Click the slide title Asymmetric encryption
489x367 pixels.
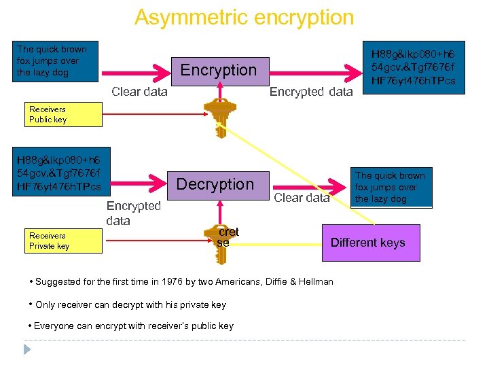point(244,17)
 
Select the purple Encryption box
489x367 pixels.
point(218,70)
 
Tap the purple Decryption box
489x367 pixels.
point(215,184)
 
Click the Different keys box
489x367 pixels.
point(367,243)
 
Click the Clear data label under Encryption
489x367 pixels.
point(139,92)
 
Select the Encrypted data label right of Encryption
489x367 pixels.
point(311,92)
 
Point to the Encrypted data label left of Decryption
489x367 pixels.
point(134,213)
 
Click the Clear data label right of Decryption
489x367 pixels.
point(302,198)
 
